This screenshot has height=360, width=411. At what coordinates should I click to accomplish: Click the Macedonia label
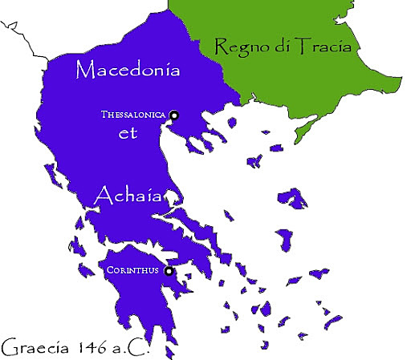(128, 70)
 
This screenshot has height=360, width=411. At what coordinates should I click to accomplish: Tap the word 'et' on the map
(129, 135)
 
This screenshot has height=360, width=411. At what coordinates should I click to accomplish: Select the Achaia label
(128, 196)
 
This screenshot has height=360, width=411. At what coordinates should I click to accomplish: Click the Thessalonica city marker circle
(173, 116)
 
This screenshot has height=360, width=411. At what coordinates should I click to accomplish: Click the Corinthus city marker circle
(169, 272)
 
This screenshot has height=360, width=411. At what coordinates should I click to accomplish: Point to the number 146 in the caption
(95, 348)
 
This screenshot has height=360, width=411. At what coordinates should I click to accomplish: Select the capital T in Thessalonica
(104, 115)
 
